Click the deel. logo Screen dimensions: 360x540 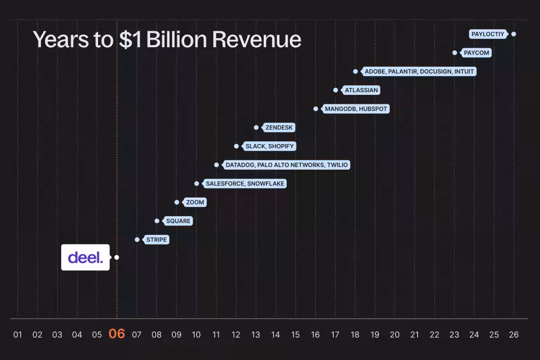(85, 257)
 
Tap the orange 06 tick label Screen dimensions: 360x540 (117, 334)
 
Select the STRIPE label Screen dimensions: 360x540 (157, 240)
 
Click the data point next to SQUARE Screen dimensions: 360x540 (157, 221)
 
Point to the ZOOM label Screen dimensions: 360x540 (195, 202)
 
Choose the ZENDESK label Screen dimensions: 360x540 (279, 127)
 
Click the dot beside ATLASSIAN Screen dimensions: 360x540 (336, 90)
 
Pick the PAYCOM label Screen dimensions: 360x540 (476, 53)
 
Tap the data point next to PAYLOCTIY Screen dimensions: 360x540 (513, 34)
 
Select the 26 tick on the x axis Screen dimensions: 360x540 (513, 335)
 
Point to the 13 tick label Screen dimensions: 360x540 (256, 335)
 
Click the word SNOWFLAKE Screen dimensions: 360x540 (266, 184)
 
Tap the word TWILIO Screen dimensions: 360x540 (337, 165)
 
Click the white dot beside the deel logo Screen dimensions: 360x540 (117, 257)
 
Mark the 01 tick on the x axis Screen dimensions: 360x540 (18, 335)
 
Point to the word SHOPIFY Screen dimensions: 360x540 (281, 146)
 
